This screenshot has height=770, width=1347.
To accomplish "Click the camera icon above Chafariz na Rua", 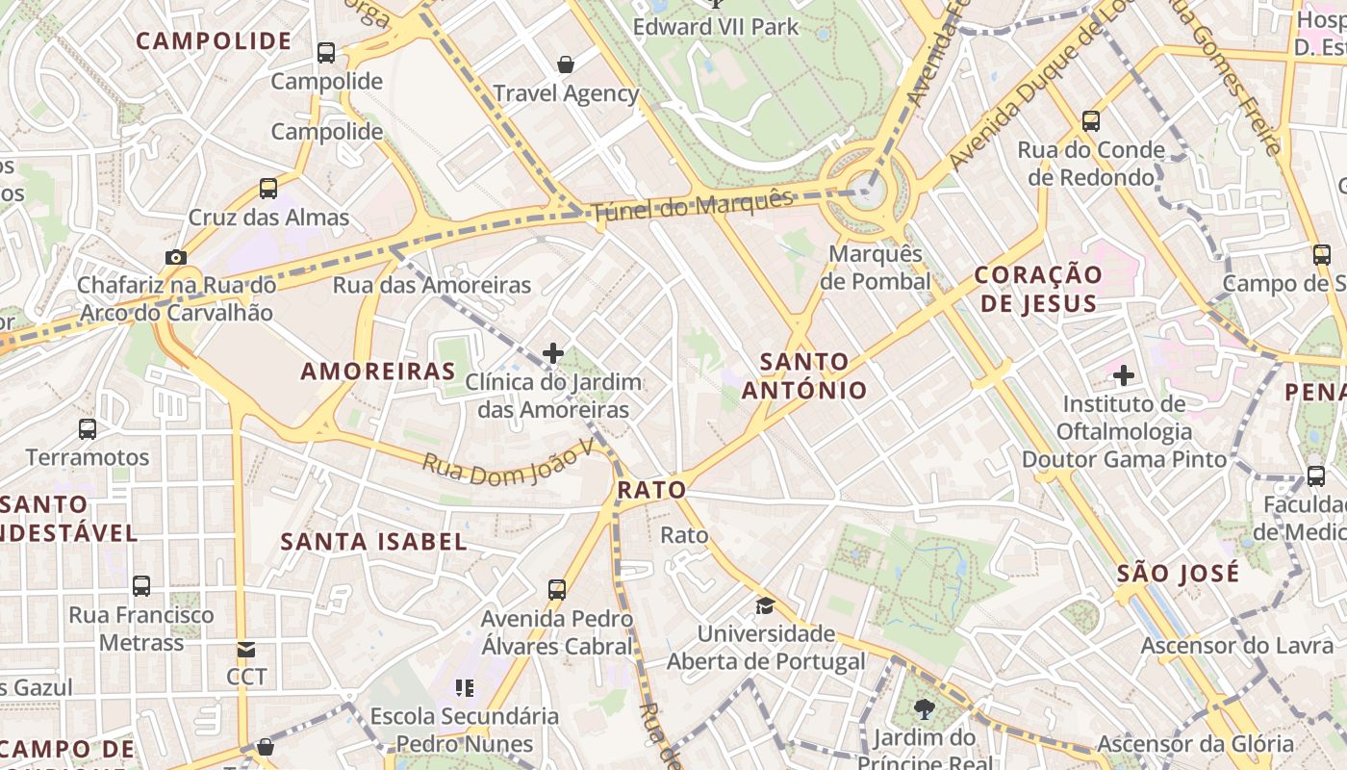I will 175,257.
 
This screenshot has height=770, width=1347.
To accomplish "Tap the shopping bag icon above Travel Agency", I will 566,64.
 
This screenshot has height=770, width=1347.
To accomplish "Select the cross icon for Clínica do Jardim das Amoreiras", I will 553,353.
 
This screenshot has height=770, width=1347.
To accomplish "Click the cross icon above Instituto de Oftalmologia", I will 1123,374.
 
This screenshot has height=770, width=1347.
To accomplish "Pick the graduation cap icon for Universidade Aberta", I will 765,605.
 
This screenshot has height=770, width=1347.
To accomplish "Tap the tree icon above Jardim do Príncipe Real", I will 925,710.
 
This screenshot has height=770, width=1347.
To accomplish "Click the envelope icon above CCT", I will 246,650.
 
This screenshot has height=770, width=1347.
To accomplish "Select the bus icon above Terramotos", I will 88,429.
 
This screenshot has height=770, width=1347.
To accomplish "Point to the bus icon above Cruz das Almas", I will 268,189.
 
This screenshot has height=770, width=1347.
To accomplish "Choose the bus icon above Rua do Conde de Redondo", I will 1090,121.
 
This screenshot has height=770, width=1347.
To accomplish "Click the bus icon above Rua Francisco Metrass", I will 141,586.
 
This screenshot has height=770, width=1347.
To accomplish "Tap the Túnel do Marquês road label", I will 692,205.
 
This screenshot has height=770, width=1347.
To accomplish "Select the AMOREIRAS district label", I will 378,372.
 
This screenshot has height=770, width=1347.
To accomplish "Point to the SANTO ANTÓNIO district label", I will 804,376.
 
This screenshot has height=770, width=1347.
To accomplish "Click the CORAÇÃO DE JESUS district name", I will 1038,289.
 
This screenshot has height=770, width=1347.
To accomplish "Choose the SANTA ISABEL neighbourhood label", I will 373,541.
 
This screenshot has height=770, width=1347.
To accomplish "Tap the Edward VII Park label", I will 716,26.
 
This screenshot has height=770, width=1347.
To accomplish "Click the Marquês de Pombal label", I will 875,268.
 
